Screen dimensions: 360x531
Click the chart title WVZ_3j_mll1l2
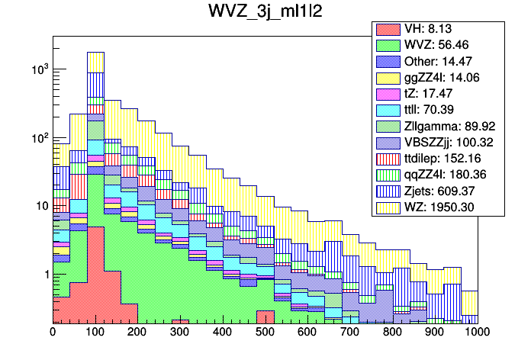(x=265, y=13)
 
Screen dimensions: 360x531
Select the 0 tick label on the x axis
(x=53, y=333)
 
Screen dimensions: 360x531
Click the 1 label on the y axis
(x=43, y=275)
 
